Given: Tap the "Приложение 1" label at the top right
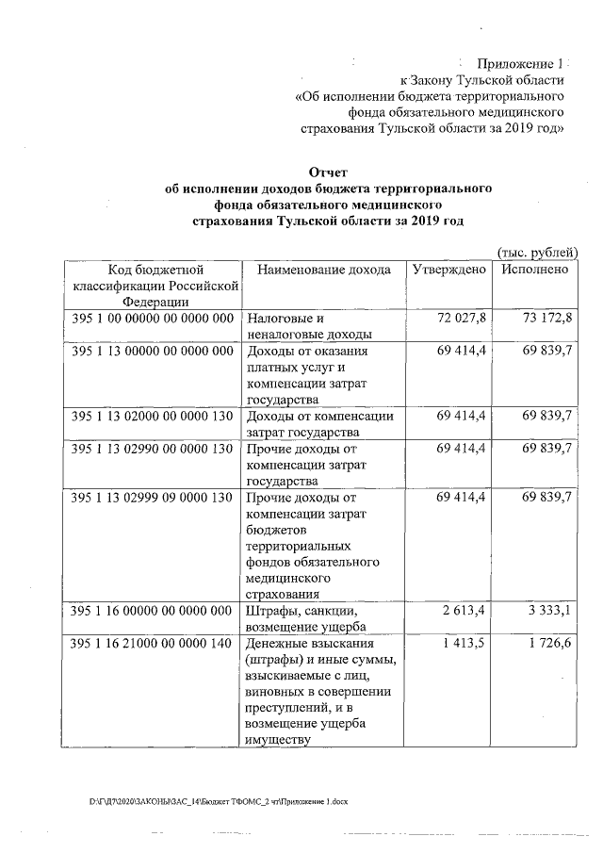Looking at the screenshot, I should pos(517,63).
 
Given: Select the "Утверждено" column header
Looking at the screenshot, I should pos(449,270).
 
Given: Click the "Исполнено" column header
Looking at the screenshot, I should pos(535,270).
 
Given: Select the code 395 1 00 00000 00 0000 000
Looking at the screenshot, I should pos(152,318).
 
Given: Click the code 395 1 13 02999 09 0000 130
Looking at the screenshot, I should pos(152,497).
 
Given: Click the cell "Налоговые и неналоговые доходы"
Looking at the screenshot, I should pos(308,325).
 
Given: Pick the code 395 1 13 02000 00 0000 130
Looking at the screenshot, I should pos(152,416).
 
